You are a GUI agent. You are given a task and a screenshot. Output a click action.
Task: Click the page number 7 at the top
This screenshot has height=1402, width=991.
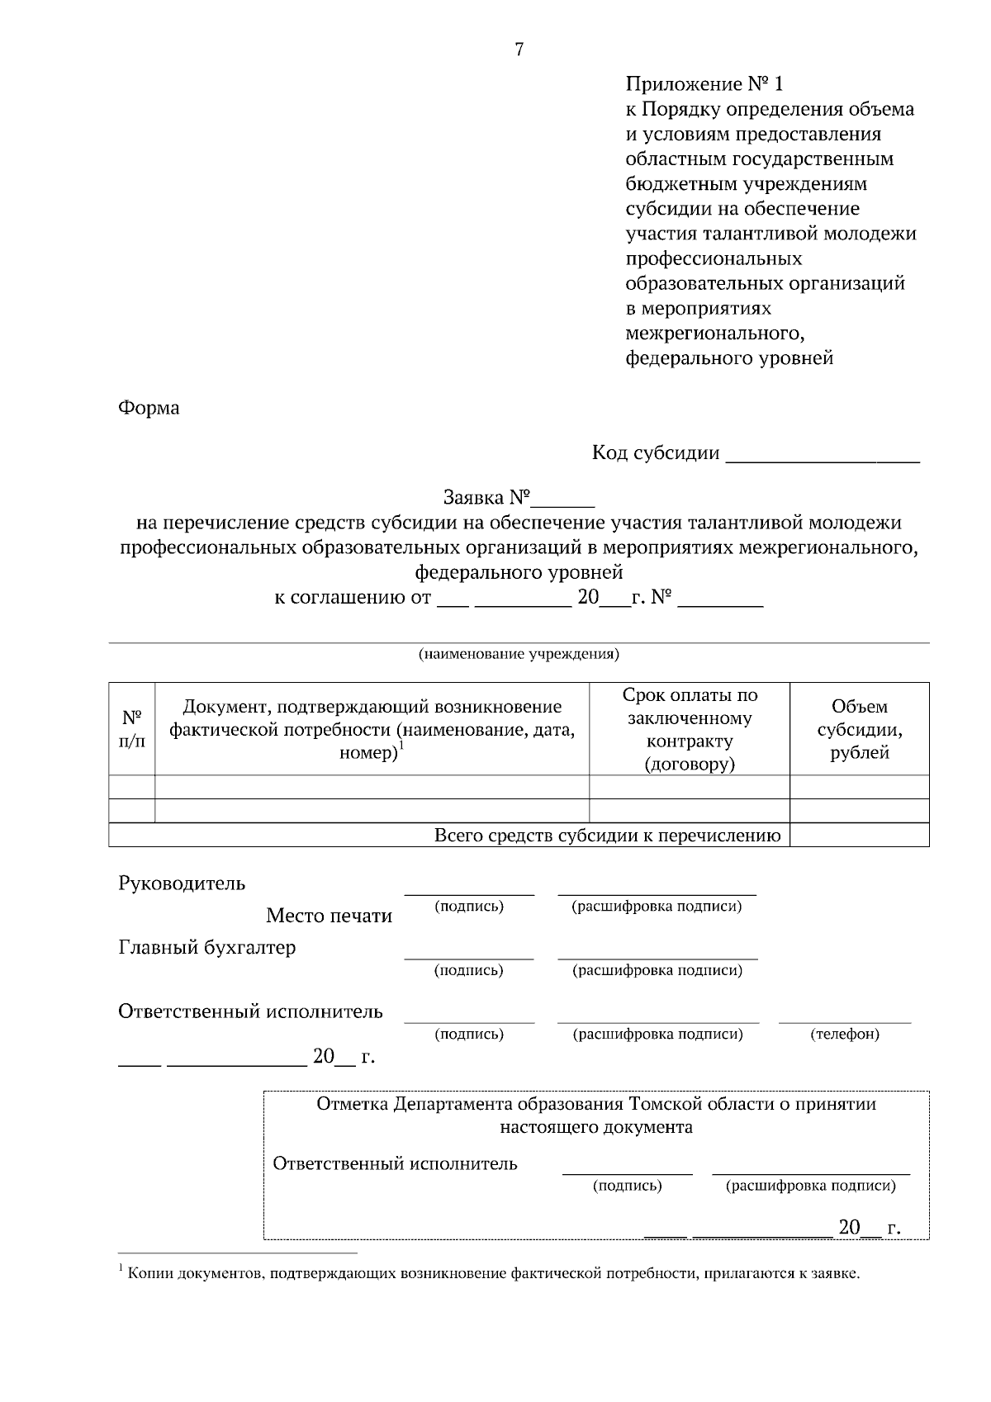519,50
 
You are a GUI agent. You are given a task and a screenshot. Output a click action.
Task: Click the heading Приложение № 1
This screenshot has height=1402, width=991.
704,84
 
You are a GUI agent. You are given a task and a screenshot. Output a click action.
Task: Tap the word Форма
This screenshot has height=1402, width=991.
149,408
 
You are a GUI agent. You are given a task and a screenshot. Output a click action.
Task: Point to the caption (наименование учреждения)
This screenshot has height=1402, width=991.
519,655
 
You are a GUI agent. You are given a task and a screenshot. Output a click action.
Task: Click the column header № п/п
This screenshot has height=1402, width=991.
132,729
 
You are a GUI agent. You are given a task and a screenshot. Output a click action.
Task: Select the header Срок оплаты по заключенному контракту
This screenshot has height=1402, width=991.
690,729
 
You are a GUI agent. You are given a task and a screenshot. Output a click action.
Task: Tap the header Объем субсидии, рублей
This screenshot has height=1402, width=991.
860,729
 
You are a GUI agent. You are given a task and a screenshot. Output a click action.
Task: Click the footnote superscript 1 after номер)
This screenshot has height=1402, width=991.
401,746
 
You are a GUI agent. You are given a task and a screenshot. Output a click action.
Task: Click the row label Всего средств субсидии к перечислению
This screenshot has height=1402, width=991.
608,836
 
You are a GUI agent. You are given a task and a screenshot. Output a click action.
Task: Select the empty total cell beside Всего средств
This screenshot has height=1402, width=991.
860,836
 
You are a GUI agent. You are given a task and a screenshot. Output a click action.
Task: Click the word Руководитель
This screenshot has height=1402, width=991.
182,883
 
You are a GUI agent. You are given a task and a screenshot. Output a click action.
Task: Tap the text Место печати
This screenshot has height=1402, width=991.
329,916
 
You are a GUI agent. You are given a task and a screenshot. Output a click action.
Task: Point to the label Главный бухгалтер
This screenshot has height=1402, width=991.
206,948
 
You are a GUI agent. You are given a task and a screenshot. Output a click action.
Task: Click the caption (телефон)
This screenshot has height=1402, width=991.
845,1034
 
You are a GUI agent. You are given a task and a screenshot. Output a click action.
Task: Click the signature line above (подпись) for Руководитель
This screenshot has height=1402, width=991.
469,893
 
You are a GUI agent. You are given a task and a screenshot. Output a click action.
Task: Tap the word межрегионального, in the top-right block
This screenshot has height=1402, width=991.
714,334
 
